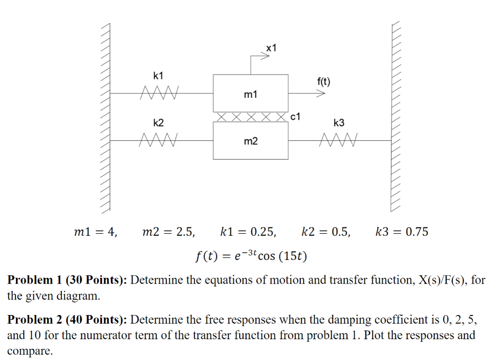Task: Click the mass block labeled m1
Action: (x=250, y=93)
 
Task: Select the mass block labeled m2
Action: (x=250, y=141)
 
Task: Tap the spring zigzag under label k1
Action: (x=159, y=92)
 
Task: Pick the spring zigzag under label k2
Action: (x=159, y=140)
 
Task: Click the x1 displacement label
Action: (x=272, y=47)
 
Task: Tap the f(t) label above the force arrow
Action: (x=324, y=81)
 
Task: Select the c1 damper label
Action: (x=296, y=117)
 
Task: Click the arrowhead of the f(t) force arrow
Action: (x=320, y=93)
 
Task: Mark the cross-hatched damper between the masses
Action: (x=250, y=117)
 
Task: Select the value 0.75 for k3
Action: (x=417, y=232)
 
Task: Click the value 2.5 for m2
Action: (x=186, y=232)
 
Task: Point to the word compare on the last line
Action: (x=29, y=351)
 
